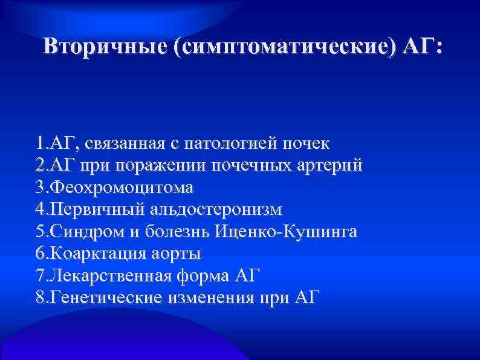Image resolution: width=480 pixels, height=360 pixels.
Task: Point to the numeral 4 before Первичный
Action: click(x=39, y=210)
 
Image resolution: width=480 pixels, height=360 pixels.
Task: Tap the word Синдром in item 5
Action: click(x=79, y=232)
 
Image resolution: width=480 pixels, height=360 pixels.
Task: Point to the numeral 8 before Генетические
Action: click(x=39, y=297)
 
